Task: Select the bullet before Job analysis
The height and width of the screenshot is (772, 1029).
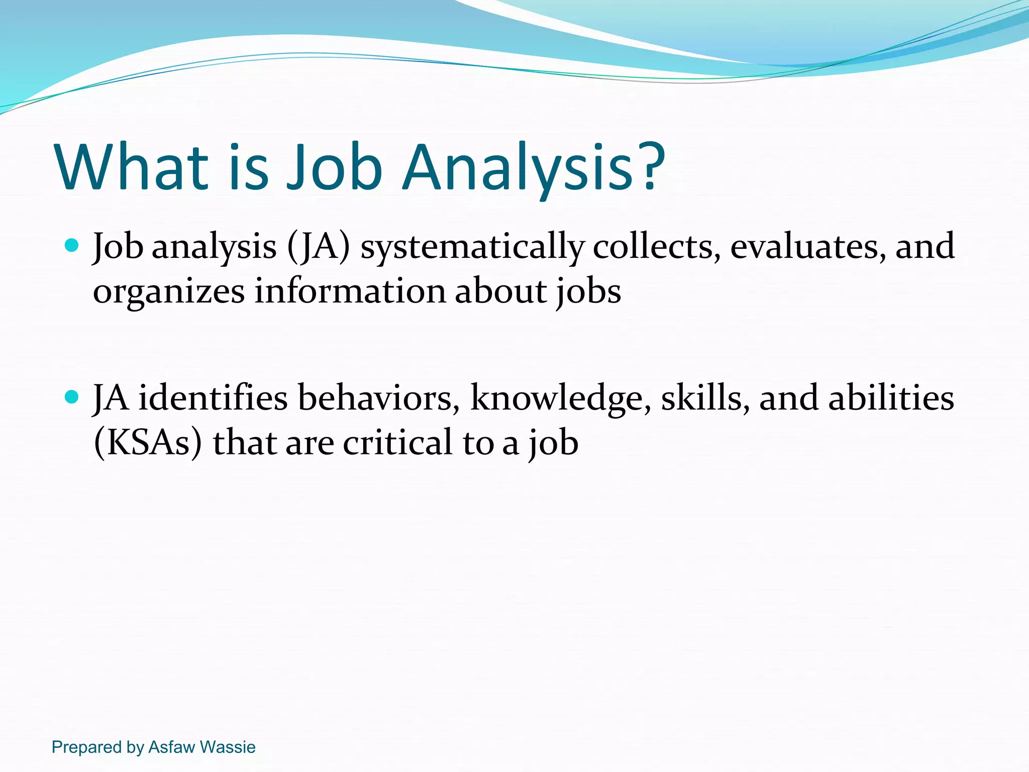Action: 72,246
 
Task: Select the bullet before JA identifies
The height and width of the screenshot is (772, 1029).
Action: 72,398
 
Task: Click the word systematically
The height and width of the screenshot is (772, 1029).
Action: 472,247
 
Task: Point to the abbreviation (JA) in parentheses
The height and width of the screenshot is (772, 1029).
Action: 318,247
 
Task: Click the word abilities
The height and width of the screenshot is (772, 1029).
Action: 891,398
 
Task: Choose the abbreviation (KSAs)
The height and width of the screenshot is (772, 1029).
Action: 148,443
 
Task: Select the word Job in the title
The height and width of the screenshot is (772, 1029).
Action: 334,168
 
